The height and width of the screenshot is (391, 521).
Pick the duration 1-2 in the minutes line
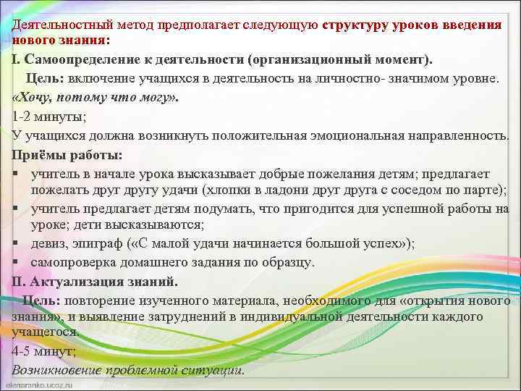(x=23, y=116)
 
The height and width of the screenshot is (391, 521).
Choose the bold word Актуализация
(x=80, y=281)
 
